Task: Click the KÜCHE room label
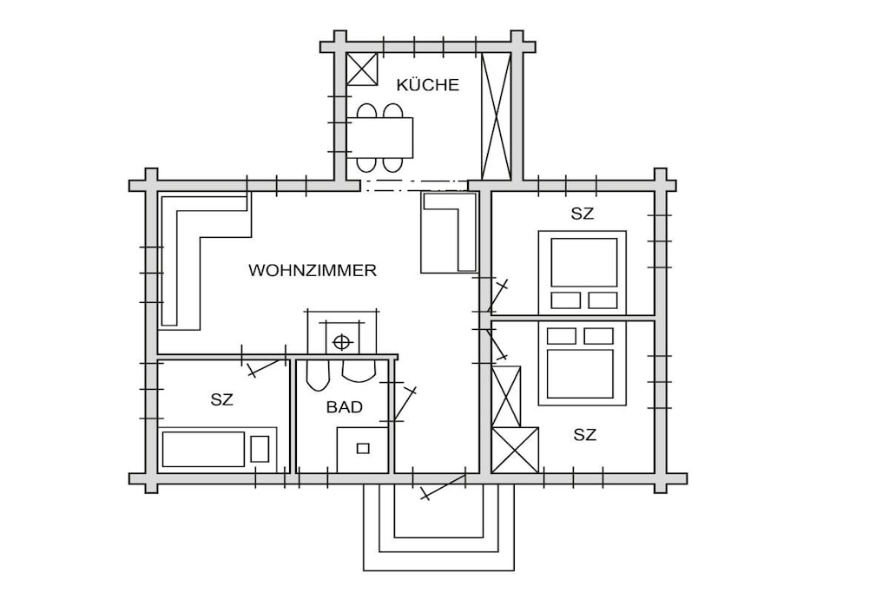pyautogui.click(x=427, y=85)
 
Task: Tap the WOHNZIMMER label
pyautogui.click(x=313, y=270)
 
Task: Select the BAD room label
pyautogui.click(x=344, y=407)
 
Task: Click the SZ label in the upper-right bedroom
pyautogui.click(x=583, y=214)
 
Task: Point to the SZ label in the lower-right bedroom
pyautogui.click(x=584, y=435)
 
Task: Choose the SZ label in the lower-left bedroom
pyautogui.click(x=221, y=399)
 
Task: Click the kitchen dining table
pyautogui.click(x=380, y=138)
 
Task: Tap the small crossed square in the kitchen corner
pyautogui.click(x=362, y=69)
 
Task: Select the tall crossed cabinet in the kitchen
pyautogui.click(x=496, y=116)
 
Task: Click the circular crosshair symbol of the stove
pyautogui.click(x=340, y=342)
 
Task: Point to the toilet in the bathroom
pyautogui.click(x=318, y=373)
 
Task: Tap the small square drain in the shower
pyautogui.click(x=363, y=449)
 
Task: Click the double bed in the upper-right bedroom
pyautogui.click(x=583, y=272)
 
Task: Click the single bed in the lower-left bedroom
pyautogui.click(x=217, y=449)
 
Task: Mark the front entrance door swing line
pyautogui.click(x=444, y=487)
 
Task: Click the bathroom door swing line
pyautogui.click(x=405, y=405)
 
